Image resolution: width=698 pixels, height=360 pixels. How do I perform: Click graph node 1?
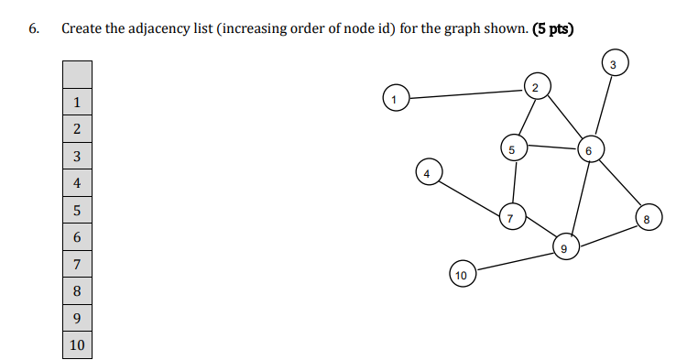(395, 97)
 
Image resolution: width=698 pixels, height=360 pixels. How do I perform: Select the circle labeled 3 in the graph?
(613, 63)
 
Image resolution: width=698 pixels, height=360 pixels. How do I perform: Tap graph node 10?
(462, 274)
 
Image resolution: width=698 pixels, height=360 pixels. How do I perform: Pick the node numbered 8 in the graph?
(646, 218)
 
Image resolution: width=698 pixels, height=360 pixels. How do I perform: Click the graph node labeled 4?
(427, 172)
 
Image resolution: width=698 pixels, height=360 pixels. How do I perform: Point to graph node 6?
(589, 149)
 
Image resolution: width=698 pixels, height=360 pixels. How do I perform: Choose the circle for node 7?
(511, 218)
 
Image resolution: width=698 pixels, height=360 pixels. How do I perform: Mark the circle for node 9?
(564, 246)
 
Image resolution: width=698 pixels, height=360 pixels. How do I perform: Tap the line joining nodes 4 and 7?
(469, 195)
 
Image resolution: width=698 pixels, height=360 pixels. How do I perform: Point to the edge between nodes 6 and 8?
(617, 183)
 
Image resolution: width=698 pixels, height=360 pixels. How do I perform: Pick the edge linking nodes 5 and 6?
(551, 147)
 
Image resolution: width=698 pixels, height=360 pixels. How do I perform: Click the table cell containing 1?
(78, 102)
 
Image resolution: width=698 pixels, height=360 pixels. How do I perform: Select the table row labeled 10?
(78, 344)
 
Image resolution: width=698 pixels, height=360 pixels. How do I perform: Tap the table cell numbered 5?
(78, 211)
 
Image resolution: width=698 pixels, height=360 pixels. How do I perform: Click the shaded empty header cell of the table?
(78, 73)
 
